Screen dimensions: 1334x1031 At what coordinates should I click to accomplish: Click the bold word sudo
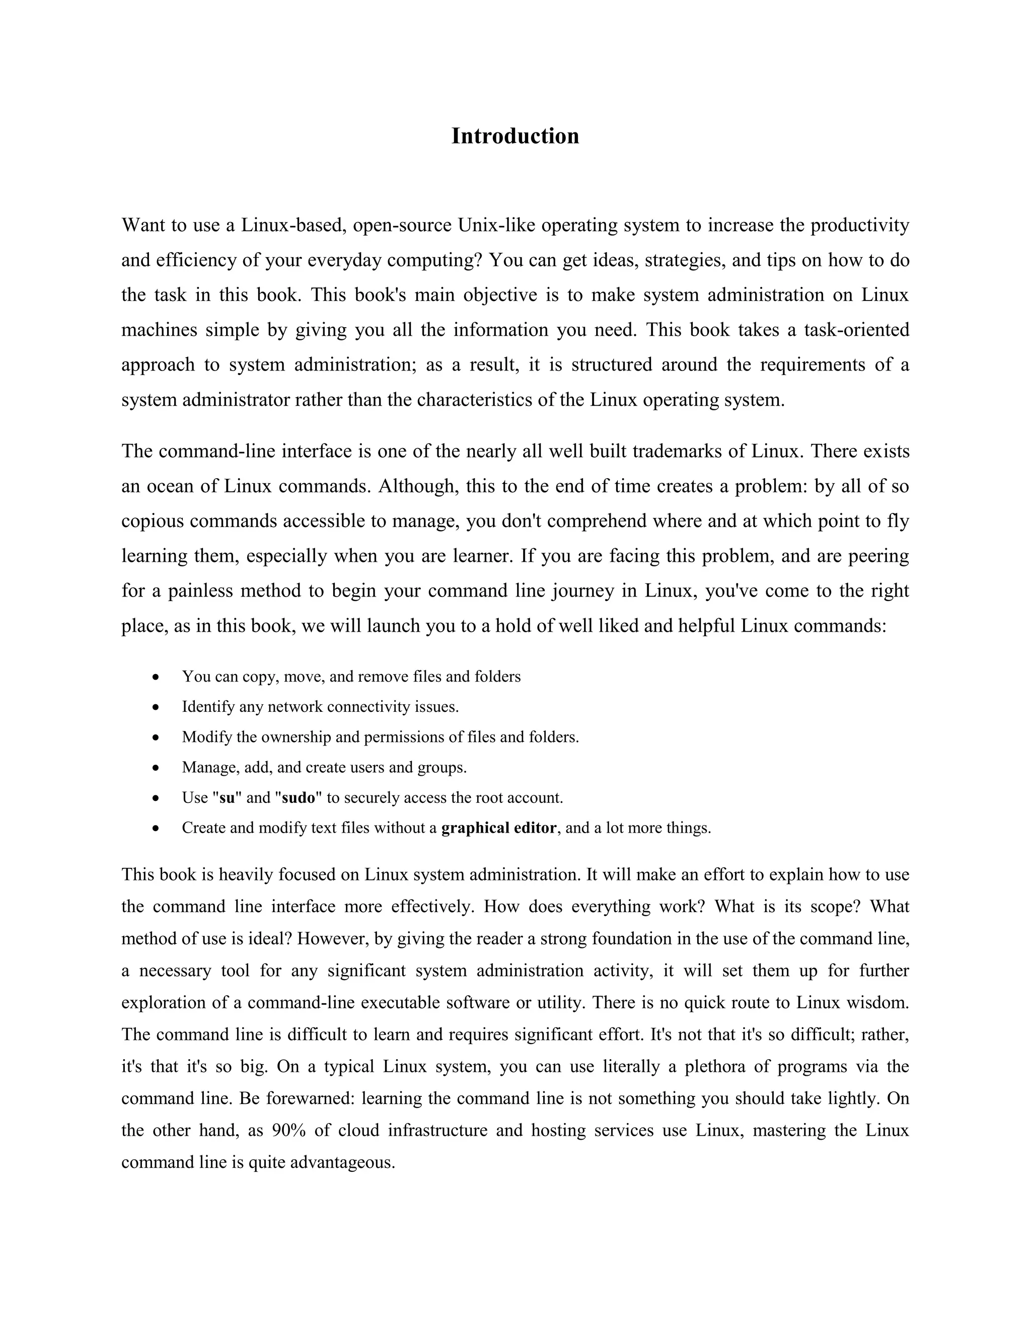298,798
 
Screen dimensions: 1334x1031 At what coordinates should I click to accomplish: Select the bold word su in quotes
227,798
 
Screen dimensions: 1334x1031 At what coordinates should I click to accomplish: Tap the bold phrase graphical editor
498,828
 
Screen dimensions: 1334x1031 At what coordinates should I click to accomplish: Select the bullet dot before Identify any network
157,707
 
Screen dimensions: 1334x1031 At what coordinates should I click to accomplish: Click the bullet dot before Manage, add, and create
157,768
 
